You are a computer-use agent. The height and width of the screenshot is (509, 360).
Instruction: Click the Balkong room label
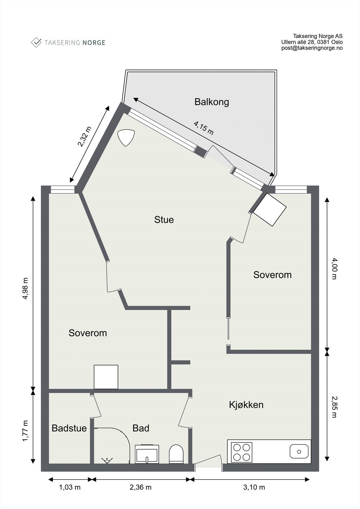[212, 102]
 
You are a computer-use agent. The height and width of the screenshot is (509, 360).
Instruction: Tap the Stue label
[164, 220]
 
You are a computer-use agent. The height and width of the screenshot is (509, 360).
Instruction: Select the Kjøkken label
[246, 405]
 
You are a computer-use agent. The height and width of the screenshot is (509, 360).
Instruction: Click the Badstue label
[69, 428]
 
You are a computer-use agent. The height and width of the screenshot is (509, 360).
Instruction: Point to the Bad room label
[141, 428]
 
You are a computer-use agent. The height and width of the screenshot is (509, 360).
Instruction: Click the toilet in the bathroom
[176, 454]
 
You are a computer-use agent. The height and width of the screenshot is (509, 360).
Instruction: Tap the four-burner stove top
[242, 452]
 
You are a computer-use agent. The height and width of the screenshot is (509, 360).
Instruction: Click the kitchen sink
[299, 451]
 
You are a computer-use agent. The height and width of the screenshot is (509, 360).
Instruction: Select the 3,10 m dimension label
[254, 487]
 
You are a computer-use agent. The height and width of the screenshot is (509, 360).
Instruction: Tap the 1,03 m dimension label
[70, 487]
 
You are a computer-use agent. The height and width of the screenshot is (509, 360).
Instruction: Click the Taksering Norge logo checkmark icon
[36, 42]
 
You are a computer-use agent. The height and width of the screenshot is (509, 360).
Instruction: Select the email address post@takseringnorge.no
[312, 48]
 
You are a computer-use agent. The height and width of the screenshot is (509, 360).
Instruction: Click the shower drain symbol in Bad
[107, 460]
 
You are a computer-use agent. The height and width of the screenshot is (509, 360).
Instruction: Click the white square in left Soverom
[106, 377]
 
